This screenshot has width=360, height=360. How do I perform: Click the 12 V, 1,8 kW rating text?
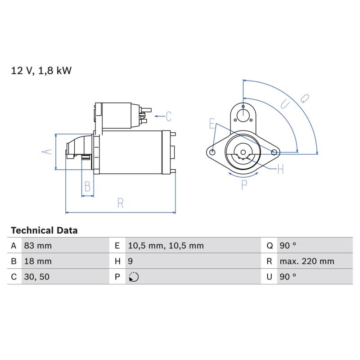(41, 71)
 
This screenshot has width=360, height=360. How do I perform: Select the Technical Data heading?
(44, 230)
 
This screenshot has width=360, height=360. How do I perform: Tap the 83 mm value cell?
(38, 246)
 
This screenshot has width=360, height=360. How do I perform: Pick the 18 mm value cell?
(38, 261)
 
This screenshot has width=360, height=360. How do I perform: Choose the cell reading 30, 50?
(37, 277)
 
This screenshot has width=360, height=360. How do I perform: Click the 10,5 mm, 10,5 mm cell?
(166, 246)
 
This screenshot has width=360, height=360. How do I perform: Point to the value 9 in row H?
(130, 261)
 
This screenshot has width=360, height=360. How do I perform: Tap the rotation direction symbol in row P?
(134, 277)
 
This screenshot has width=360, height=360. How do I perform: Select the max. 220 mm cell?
(307, 261)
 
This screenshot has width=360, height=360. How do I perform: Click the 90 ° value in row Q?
(288, 246)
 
